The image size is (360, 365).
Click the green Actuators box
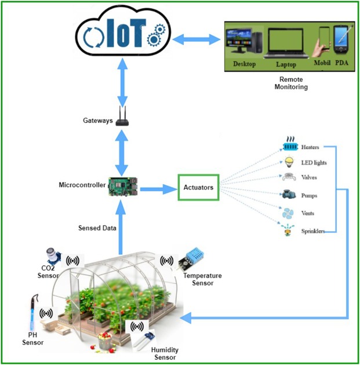pos(198,187)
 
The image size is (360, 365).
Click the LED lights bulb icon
pos(289,162)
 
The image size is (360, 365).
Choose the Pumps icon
pos(289,195)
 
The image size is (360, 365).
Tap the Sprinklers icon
pos(288,231)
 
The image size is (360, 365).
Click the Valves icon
pos(289,177)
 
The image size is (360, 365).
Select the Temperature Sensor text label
pos(199,279)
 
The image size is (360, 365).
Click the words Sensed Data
pos(97,228)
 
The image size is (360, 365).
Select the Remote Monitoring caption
pos(290,83)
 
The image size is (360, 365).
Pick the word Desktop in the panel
pos(243,64)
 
